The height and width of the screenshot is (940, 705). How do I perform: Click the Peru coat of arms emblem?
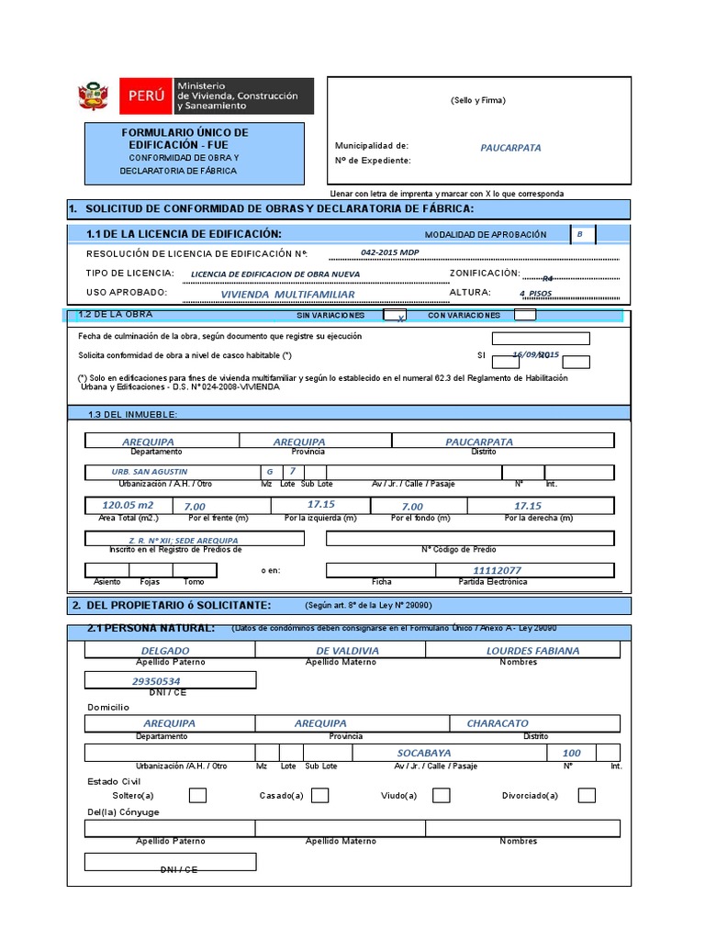pos(94,95)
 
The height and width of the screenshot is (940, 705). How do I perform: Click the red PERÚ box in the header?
pos(146,95)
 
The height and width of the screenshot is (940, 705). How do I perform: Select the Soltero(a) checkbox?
pos(197,795)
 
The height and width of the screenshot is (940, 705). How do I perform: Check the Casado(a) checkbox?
pos(319,795)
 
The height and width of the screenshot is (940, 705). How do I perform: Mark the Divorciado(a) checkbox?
pos(587,795)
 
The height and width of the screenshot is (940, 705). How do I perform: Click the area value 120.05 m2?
pos(128,506)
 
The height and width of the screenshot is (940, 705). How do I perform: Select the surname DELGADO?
pos(166,651)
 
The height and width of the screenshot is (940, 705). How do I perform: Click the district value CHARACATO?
pos(498,723)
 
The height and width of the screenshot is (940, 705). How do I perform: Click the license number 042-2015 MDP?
pos(390,252)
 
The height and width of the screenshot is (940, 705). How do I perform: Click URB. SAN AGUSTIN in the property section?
pos(150,472)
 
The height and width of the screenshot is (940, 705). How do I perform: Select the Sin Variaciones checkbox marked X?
pos(395,315)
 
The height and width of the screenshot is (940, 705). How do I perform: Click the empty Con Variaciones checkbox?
pos(525,315)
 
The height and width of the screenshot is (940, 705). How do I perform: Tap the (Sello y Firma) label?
pos(477,100)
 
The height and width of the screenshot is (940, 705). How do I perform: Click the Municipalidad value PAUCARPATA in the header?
pos(510,147)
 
